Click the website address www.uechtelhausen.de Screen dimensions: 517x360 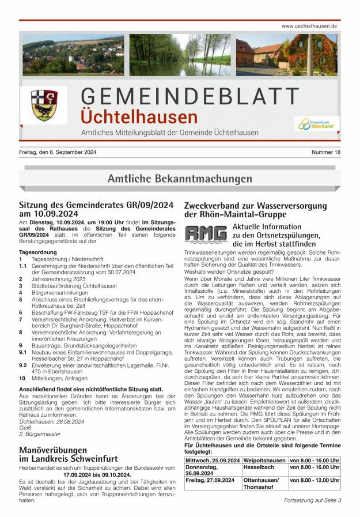tap(309, 27)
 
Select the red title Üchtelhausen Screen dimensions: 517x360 tap(139, 117)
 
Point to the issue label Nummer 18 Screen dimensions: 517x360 tap(327, 152)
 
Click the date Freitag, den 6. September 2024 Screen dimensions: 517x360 tap(57, 152)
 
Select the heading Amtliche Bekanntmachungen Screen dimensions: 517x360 tap(180, 179)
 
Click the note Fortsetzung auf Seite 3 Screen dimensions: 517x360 tap(312, 500)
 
